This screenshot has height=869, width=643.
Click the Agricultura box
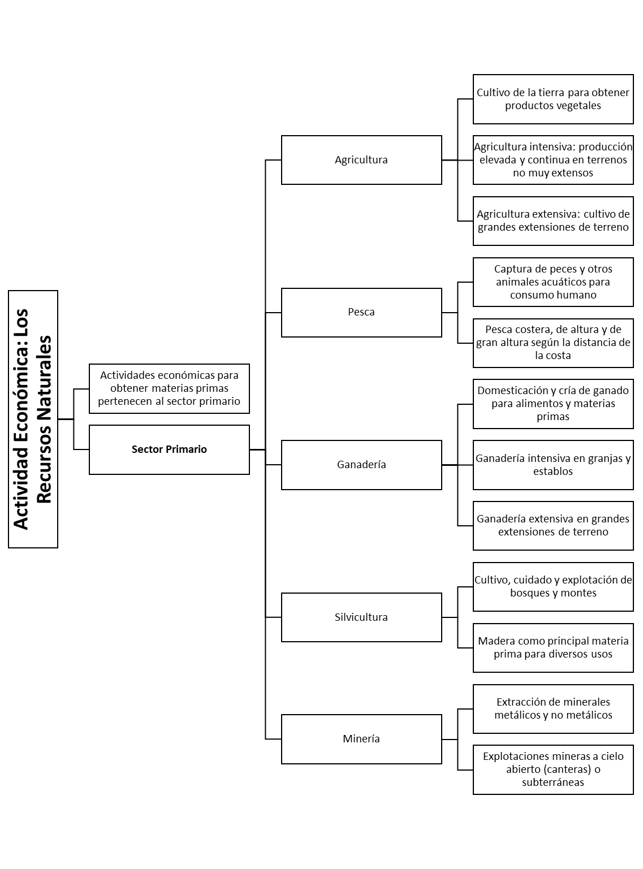tap(361, 160)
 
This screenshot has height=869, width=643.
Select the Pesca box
tap(361, 312)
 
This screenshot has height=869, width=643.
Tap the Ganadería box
tap(361, 465)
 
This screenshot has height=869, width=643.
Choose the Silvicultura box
tap(361, 617)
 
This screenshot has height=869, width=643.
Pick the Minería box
tap(361, 739)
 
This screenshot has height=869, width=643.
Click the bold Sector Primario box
tap(169, 449)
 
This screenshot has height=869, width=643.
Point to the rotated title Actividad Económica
tap(33, 419)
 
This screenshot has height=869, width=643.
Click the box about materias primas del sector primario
tap(169, 388)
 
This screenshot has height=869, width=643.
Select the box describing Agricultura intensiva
tap(553, 160)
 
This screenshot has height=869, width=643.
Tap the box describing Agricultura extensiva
tap(553, 221)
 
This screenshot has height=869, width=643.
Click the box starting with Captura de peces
tap(553, 282)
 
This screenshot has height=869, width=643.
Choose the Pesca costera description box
tap(553, 343)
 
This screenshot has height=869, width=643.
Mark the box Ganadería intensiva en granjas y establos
tap(553, 465)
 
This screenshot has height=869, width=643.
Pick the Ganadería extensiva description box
tap(553, 525)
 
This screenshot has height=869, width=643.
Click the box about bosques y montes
tap(553, 586)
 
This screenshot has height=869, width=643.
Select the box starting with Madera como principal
tap(553, 647)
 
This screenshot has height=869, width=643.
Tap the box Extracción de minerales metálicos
tap(553, 708)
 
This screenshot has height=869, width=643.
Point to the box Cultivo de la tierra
tap(553, 99)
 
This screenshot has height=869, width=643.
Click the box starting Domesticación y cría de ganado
tap(553, 404)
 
